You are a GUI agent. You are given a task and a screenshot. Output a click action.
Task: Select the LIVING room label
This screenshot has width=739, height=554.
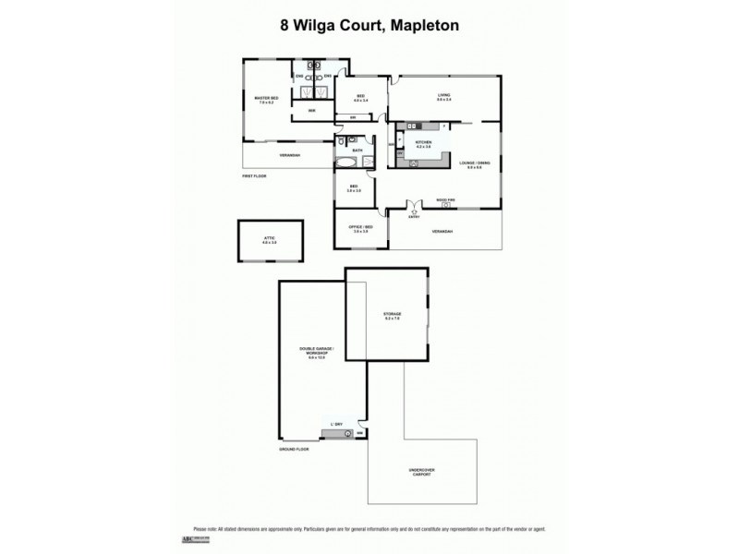[x=444, y=97]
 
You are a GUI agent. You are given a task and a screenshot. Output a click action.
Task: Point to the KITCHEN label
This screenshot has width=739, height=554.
[x=424, y=143]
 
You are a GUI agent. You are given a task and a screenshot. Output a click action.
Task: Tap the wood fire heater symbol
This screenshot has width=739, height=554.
[x=446, y=204]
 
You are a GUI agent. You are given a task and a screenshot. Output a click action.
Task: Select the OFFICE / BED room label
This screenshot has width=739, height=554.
[x=360, y=228]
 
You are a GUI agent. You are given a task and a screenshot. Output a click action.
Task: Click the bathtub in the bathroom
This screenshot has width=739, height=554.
[x=346, y=163]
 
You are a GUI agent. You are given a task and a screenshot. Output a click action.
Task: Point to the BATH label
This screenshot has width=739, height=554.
[x=356, y=149]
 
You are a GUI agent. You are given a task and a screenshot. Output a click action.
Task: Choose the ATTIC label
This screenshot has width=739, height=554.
[x=269, y=239]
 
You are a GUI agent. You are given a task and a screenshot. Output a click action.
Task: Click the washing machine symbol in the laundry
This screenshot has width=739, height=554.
[x=347, y=432]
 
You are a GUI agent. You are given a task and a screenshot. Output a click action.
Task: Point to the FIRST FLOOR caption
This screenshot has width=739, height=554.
[x=254, y=175]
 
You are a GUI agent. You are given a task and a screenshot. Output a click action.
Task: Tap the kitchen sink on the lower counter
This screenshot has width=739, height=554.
[x=413, y=163]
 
